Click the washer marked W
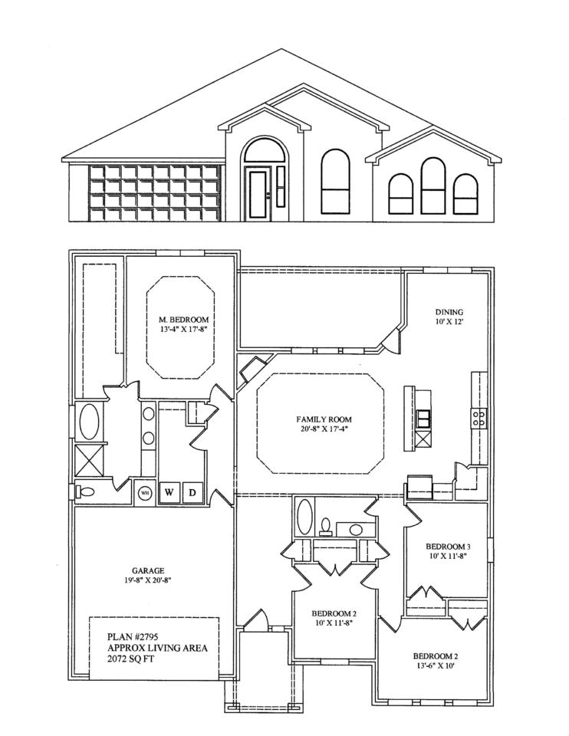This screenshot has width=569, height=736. [169, 493]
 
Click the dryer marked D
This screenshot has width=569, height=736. [192, 493]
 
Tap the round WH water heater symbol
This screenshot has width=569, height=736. [145, 493]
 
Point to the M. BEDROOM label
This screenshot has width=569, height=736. [183, 320]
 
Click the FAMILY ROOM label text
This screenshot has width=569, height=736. [324, 419]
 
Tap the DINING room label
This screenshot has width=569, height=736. [449, 312]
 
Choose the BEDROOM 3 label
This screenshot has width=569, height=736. [449, 547]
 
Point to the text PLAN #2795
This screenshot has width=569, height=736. [133, 637]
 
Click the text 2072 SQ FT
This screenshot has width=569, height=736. [131, 659]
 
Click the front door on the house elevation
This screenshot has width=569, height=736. [258, 194]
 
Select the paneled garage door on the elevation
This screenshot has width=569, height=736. [155, 192]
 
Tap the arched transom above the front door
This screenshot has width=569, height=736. [258, 150]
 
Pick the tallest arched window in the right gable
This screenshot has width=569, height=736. [433, 186]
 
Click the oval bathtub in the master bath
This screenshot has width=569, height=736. [89, 422]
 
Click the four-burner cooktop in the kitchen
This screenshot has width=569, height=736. [479, 419]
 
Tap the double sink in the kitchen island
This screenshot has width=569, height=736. [424, 418]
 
